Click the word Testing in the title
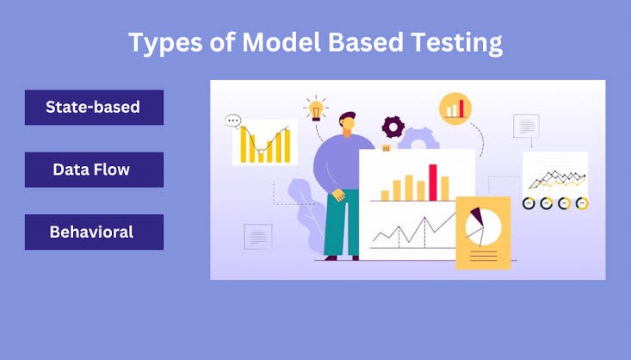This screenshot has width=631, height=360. (456, 43)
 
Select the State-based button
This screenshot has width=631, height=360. (94, 107)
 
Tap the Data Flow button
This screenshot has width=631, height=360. (94, 170)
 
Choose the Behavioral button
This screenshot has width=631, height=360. (94, 232)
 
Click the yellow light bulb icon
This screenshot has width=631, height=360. (316, 109)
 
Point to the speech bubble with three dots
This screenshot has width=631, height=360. (232, 121)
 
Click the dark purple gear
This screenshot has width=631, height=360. (393, 127)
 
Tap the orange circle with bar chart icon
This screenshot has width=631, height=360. (455, 109)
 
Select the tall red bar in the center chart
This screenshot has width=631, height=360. (433, 183)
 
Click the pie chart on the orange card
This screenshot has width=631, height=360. (483, 227)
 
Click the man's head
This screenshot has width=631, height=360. (347, 123)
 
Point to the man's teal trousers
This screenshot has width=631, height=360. (341, 222)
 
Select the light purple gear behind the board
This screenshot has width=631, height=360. (418, 139)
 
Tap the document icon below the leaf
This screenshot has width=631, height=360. (258, 236)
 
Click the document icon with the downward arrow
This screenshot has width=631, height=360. (526, 126)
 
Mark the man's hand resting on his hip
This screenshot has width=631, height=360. (338, 195)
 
